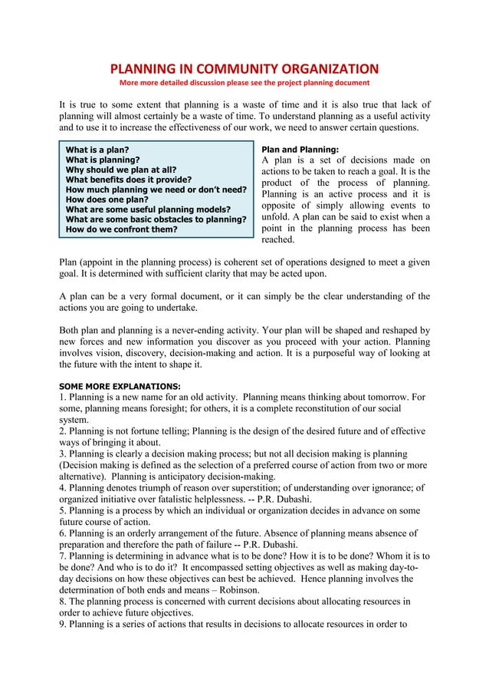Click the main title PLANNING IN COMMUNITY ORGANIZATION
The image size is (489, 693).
click(244, 68)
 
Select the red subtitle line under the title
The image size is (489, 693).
click(244, 83)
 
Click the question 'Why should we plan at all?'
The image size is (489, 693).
click(121, 170)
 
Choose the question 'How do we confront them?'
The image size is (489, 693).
click(121, 229)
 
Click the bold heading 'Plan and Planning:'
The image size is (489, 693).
click(300, 150)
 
